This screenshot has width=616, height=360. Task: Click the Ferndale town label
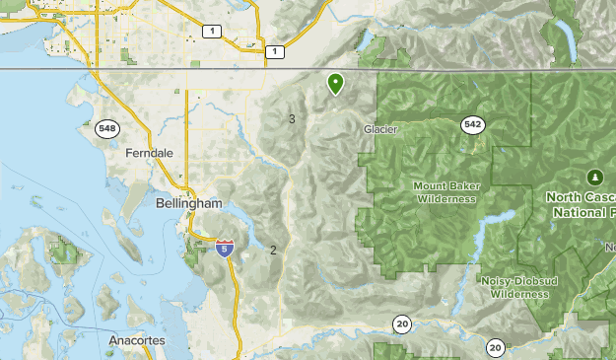pos(150,154)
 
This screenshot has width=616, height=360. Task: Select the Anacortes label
pos(138,340)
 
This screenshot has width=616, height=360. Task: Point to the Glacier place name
pos(380,129)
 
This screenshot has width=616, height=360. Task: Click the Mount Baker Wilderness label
pos(445,192)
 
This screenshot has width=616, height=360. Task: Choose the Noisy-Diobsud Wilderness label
pos(514,287)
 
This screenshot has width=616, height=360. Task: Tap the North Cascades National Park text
pos(582,204)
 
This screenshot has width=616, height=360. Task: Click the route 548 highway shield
pos(106,128)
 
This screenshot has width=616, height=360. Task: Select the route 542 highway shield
pos(473,123)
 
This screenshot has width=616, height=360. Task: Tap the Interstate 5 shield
pos(226,247)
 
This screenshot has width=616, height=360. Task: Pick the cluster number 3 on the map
pos(292,119)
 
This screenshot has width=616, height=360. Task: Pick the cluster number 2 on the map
pos(273,250)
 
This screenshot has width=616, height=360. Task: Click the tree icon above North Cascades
pos(594,177)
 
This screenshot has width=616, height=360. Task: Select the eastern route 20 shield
pos(495,346)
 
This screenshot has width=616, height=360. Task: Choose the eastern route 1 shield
pos(275,51)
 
